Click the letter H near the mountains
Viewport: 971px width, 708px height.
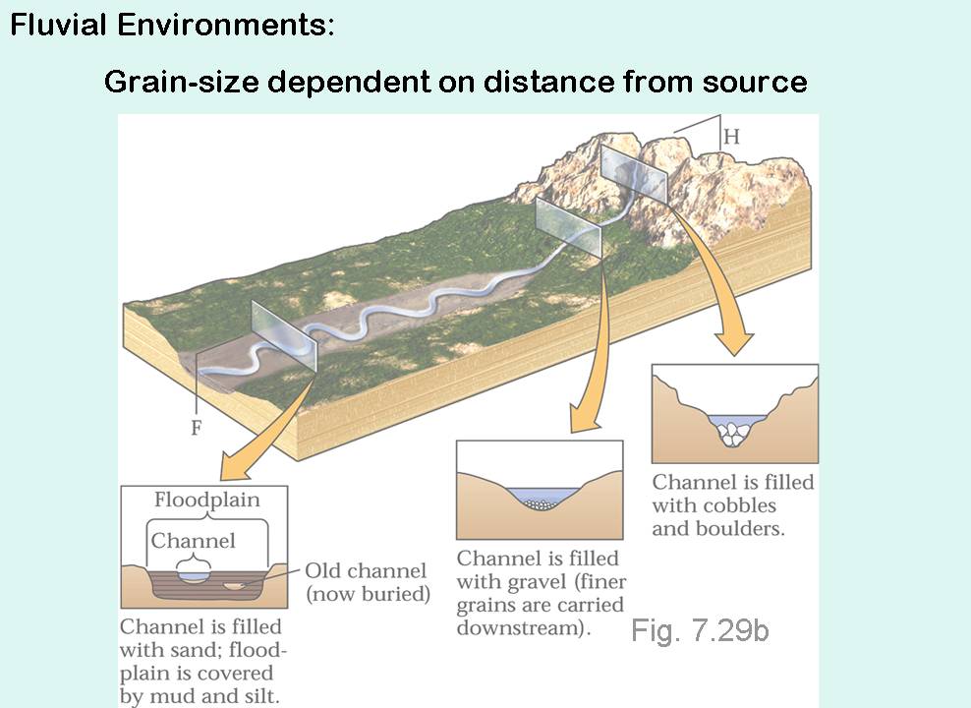point(731,137)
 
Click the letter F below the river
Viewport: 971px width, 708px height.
point(196,429)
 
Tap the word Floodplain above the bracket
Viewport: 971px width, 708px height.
point(206,500)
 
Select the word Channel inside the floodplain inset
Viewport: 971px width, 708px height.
point(194,541)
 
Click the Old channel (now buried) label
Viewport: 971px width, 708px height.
point(367,582)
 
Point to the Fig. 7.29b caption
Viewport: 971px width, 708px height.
point(700,629)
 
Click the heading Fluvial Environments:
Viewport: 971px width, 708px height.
point(172,25)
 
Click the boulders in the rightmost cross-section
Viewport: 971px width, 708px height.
point(730,433)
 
